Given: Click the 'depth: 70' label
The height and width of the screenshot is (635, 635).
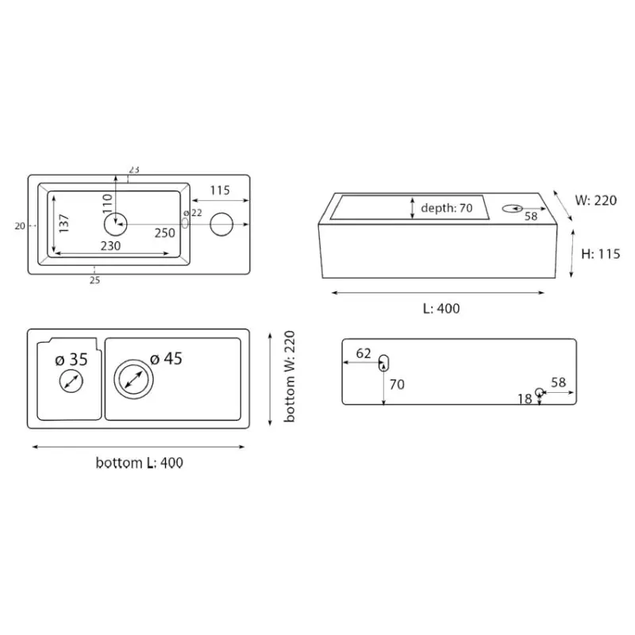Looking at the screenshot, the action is click(447, 208).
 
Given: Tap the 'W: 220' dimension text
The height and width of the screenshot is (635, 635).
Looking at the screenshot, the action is click(596, 200).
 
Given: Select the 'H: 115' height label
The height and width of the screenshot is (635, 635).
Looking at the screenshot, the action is click(601, 254).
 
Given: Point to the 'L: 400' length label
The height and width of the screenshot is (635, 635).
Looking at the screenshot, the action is click(441, 309).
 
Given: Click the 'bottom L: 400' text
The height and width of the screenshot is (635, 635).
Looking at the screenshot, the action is click(140, 463).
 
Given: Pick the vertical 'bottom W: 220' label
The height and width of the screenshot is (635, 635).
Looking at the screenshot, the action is click(290, 376).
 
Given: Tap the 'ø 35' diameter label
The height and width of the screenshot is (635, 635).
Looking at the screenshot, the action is click(71, 360).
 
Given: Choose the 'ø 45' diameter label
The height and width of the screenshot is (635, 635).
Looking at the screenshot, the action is click(166, 359).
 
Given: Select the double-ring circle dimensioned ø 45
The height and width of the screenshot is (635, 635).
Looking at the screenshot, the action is click(133, 360).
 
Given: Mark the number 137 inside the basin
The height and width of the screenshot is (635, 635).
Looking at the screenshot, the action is click(64, 223).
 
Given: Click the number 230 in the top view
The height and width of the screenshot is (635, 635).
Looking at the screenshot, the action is click(110, 246).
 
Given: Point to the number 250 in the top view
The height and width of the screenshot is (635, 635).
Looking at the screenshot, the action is click(165, 233).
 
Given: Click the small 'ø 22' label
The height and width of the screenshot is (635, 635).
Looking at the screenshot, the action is click(193, 213).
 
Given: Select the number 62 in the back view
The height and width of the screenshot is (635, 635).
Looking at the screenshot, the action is click(364, 353).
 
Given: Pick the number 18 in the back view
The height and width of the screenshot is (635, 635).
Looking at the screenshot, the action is click(525, 399).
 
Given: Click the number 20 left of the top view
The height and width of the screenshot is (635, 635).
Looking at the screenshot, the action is click(20, 226).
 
